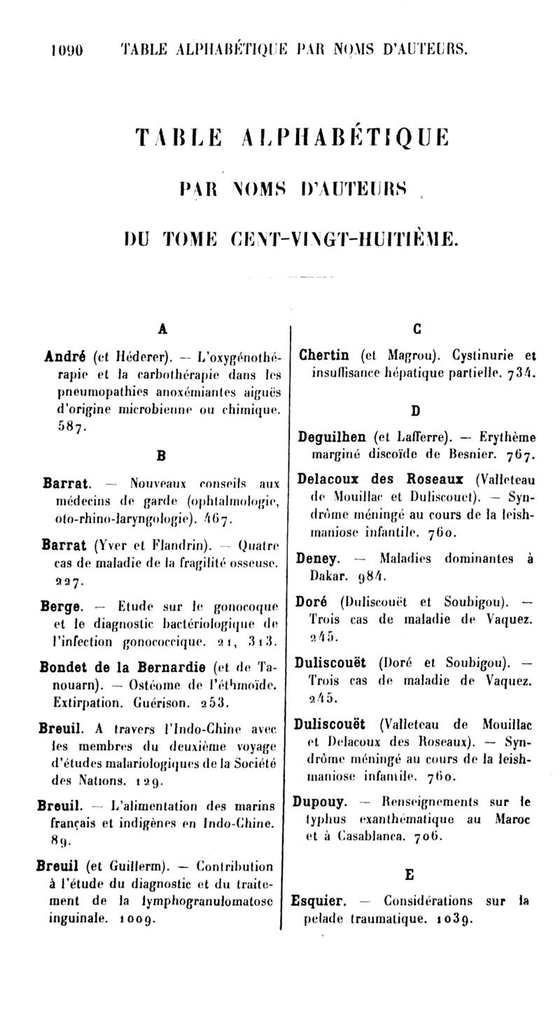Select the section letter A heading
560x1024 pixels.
tap(162, 328)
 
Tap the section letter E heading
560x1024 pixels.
tap(410, 874)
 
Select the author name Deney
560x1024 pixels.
tap(318, 559)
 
